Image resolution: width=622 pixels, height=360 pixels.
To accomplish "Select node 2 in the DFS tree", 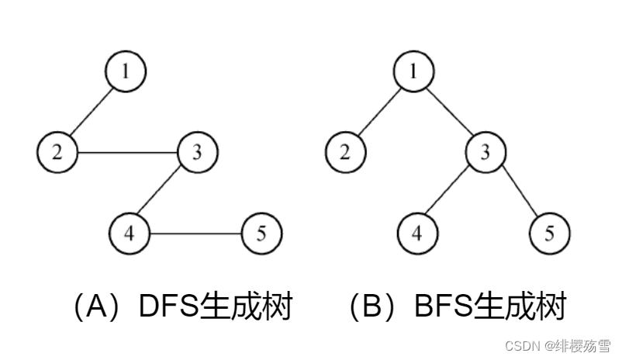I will [x=57, y=151].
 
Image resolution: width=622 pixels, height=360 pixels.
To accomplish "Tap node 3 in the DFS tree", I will [x=197, y=151].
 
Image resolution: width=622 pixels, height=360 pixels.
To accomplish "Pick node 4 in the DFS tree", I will [x=129, y=233].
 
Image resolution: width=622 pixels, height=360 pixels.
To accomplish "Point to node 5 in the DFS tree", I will [x=262, y=233].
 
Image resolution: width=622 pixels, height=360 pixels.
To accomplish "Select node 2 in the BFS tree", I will [x=344, y=151].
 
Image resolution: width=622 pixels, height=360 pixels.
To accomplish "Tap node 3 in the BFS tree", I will [x=484, y=151].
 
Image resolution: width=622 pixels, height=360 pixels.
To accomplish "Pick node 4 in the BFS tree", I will [x=417, y=233].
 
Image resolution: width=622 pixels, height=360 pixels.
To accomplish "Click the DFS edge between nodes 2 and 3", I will [x=127, y=151].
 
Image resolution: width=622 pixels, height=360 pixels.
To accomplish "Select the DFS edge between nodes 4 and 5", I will [x=195, y=233].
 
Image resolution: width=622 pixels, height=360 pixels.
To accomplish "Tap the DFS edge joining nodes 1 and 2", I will [x=92, y=111].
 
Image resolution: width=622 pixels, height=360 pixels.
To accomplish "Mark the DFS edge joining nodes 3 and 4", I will [x=163, y=192].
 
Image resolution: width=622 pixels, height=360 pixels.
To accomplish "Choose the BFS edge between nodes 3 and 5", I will [x=517, y=192].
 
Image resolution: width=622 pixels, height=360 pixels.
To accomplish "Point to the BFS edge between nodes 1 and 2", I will [x=378, y=111].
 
